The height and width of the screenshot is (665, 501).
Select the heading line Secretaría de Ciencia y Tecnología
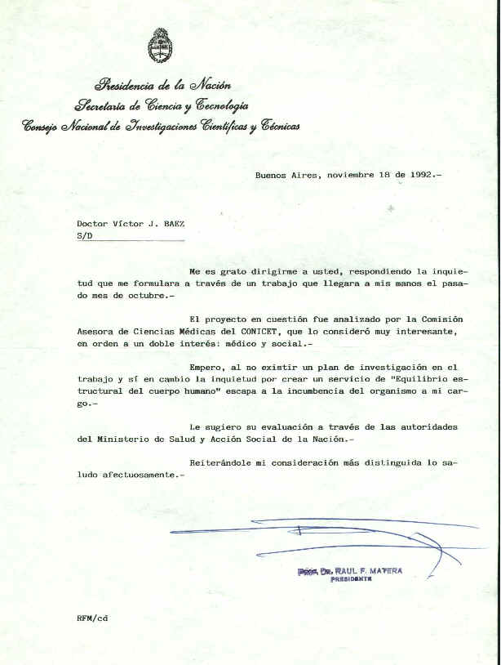(x=162, y=105)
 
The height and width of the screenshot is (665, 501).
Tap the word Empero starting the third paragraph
(x=207, y=368)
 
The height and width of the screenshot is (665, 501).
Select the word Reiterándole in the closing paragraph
(x=224, y=462)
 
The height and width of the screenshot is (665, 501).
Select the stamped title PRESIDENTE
(x=352, y=579)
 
